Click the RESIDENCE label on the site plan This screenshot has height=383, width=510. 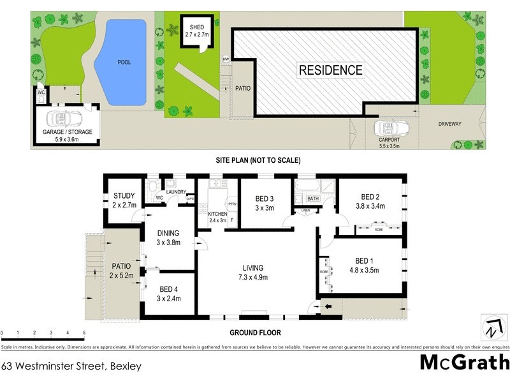[x=330, y=70]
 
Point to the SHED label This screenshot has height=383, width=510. [x=194, y=27]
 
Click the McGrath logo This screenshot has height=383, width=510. [x=463, y=363]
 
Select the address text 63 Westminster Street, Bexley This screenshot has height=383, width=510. [x=71, y=366]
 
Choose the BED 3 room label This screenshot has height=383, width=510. [x=265, y=199]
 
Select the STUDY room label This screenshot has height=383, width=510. [x=124, y=196]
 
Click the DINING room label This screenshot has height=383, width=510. [x=169, y=233]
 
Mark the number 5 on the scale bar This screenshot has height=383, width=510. [x=84, y=333]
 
